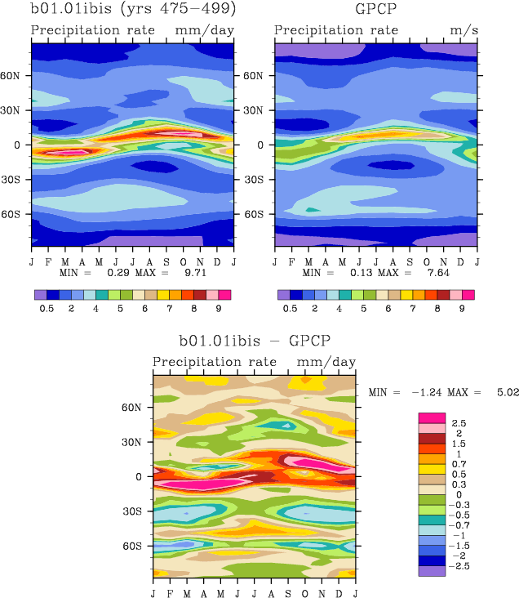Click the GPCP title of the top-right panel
click(x=375, y=10)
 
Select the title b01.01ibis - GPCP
click(x=254, y=340)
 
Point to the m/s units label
click(x=460, y=31)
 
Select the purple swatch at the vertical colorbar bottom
click(x=432, y=571)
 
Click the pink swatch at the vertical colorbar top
click(x=432, y=417)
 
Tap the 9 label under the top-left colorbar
click(x=219, y=309)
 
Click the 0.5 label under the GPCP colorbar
click(x=290, y=309)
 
